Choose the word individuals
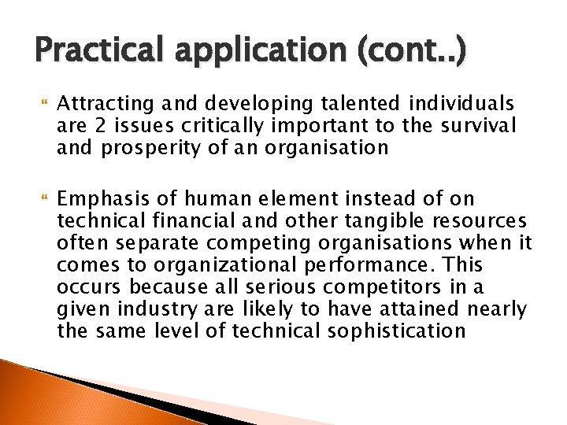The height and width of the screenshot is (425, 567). [461, 103]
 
